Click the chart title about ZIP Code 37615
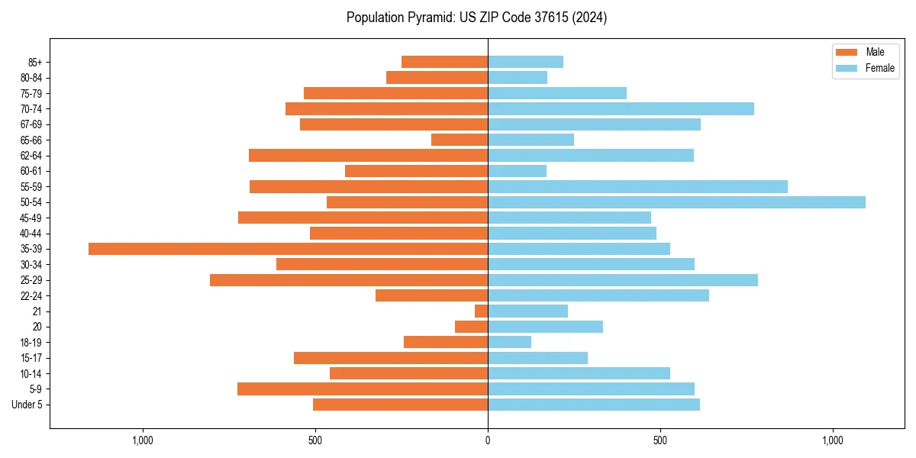(x=476, y=18)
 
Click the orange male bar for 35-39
(x=288, y=249)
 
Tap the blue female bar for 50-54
(x=676, y=202)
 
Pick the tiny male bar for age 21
(x=481, y=311)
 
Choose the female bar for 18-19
(x=509, y=342)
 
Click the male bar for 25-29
(x=349, y=280)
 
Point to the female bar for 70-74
(x=621, y=108)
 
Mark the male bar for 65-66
(x=460, y=140)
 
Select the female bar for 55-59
(x=637, y=186)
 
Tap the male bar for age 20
(x=471, y=327)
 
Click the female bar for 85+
(x=525, y=62)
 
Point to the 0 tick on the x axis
(x=488, y=440)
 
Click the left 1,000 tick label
(x=143, y=440)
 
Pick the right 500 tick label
(x=660, y=440)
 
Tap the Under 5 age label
(x=27, y=405)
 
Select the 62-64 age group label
(x=31, y=156)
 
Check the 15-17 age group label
(x=31, y=358)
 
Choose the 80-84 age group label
(x=31, y=78)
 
